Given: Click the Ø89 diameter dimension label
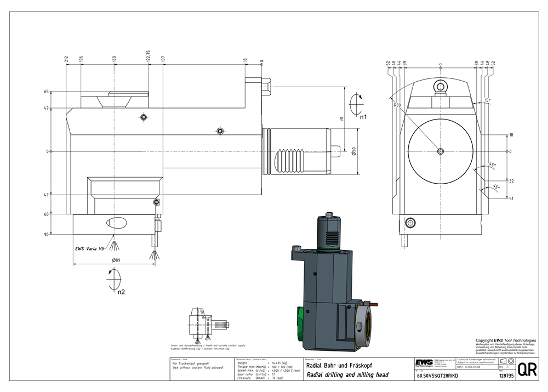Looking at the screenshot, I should point(116,260).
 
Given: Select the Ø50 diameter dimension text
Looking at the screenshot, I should point(354,151).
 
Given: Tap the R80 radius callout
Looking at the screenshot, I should point(397,104).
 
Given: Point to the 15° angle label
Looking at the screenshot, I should point(487,100).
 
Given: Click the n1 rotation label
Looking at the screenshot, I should point(363,117).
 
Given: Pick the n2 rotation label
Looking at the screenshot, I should point(121,292).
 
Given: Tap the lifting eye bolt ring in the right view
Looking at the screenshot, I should point(439,86).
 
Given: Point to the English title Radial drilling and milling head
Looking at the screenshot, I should point(347,376).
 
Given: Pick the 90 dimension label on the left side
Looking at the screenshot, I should point(47,234).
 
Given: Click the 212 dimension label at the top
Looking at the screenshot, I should point(66,59).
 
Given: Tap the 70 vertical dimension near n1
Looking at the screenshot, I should point(341,118).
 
